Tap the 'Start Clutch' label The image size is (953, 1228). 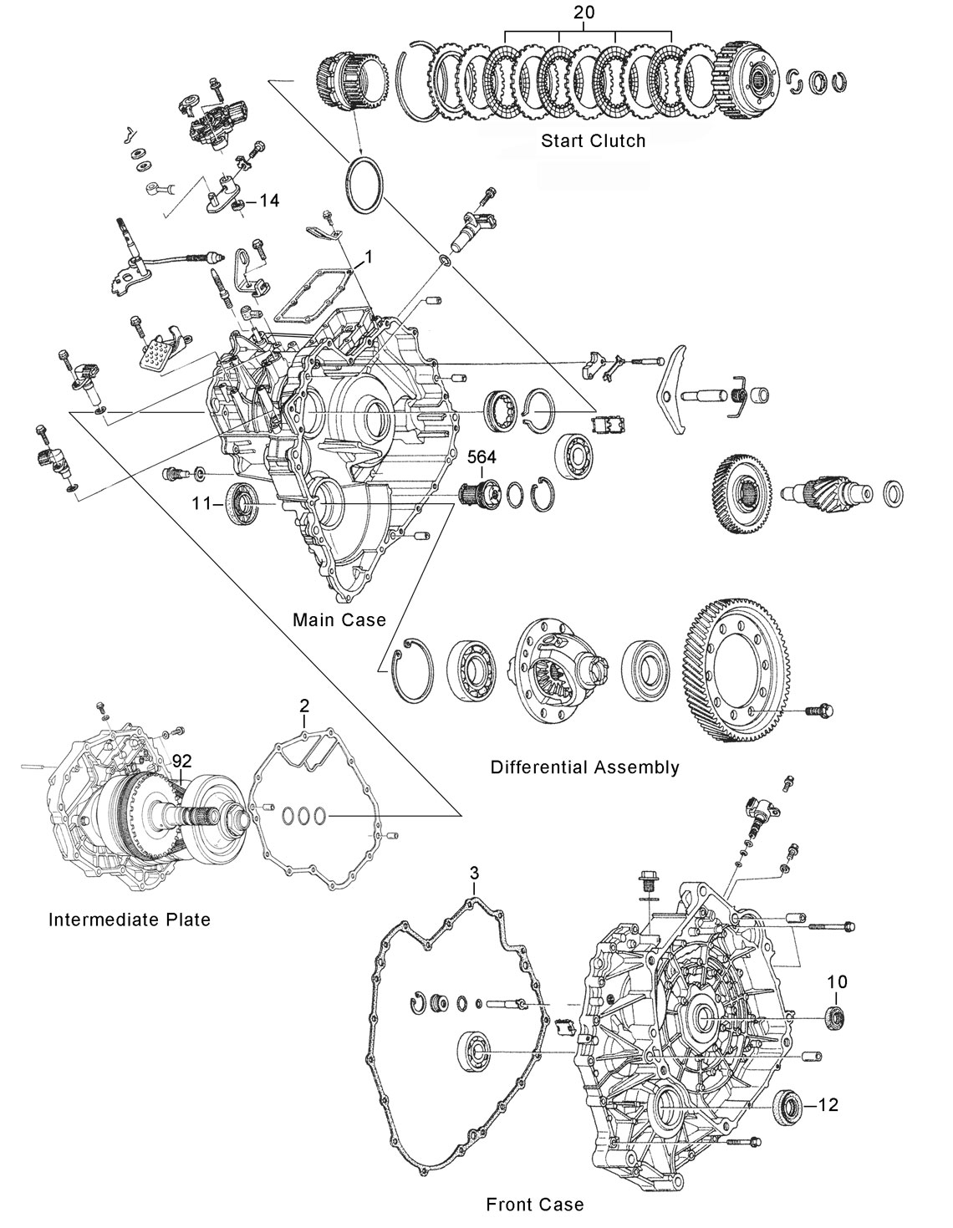click(593, 140)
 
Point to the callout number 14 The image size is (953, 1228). click(268, 201)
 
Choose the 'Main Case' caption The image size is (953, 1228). click(339, 619)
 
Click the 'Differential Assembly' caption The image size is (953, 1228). click(584, 767)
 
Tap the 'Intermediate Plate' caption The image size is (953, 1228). click(130, 920)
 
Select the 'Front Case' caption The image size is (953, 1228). click(534, 1204)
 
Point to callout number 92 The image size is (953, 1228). click(182, 762)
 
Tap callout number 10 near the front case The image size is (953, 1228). click(836, 981)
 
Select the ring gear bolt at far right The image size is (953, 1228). click(818, 711)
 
